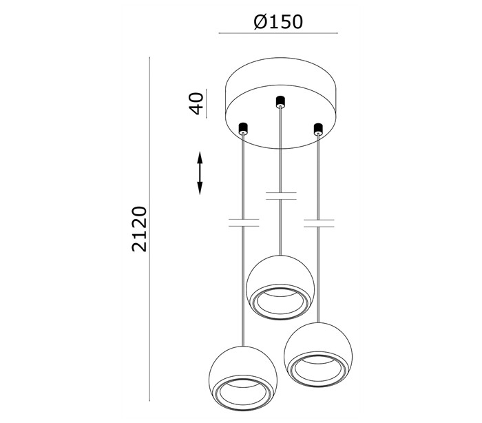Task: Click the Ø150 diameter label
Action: pyautogui.click(x=278, y=22)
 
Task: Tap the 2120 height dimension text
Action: pyautogui.click(x=140, y=229)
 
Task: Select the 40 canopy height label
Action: pyautogui.click(x=196, y=103)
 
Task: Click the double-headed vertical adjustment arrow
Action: pyautogui.click(x=200, y=173)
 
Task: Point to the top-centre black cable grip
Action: pyautogui.click(x=280, y=102)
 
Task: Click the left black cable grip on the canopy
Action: pyautogui.click(x=243, y=129)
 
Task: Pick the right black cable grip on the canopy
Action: pyautogui.click(x=318, y=130)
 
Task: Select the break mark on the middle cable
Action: pyautogui.click(x=281, y=196)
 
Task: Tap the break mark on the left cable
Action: pyautogui.click(x=244, y=223)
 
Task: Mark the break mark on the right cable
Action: pyautogui.click(x=319, y=223)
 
